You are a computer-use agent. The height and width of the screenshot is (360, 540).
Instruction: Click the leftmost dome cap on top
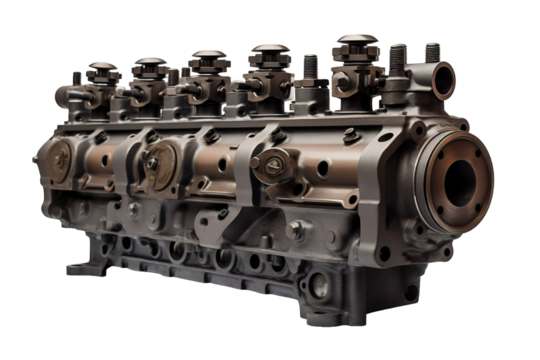pos(101,70)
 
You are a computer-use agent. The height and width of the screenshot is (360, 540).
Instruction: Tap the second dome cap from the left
pos(149,64)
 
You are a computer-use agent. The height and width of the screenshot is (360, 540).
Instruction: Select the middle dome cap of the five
pos(208,58)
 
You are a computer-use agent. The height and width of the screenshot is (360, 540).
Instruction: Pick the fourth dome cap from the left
pos(268,52)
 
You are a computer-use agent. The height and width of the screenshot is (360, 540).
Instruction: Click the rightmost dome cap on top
pos(355,44)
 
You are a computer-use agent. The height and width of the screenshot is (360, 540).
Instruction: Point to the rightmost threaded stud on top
pos(432,51)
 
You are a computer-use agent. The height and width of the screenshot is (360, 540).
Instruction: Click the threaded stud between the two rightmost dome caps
pos(311,63)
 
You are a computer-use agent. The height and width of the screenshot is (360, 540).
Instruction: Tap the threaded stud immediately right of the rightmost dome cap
pos(398,54)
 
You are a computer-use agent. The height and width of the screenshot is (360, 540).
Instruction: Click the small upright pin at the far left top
pos(76,76)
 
